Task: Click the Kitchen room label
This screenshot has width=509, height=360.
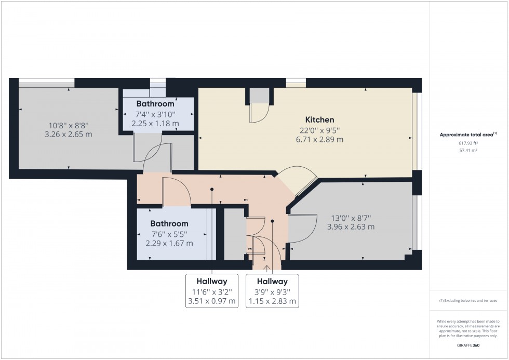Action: coord(319,119)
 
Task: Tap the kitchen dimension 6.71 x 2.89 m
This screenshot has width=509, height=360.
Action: coord(319,139)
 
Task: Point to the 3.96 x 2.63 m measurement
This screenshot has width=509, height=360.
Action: coord(351,227)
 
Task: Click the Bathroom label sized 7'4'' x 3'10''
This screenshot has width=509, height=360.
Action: coord(155,104)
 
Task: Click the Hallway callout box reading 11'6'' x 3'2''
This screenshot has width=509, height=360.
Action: coord(211,291)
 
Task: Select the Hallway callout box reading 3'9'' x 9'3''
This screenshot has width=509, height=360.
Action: coord(272,291)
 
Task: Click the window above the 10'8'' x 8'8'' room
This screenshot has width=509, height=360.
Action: coord(46,81)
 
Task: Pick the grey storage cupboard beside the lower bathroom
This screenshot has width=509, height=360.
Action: coord(234,234)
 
